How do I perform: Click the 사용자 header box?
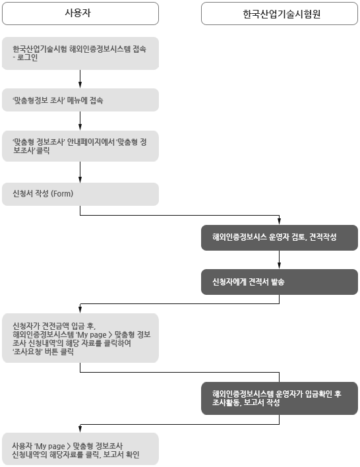pyautogui.click(x=80, y=13)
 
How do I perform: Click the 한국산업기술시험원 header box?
pyautogui.click(x=280, y=13)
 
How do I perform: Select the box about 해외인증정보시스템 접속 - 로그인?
pyautogui.click(x=80, y=53)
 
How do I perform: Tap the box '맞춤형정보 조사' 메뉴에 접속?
pyautogui.click(x=80, y=101)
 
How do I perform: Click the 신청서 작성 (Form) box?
pyautogui.click(x=80, y=195)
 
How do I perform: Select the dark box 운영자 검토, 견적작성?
pyautogui.click(x=280, y=237)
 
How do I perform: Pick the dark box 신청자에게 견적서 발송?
pyautogui.click(x=280, y=282)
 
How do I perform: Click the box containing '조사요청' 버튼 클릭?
pyautogui.click(x=80, y=338)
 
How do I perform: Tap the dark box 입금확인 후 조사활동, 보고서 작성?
pyautogui.click(x=280, y=398)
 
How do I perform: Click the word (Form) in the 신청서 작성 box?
pyautogui.click(x=63, y=195)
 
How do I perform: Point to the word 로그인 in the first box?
pyautogui.click(x=28, y=58)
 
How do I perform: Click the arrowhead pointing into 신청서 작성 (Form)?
pyautogui.click(x=80, y=179)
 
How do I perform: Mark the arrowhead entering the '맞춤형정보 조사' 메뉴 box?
pyautogui.click(x=80, y=86)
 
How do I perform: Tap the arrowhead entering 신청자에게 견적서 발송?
pyautogui.click(x=280, y=265)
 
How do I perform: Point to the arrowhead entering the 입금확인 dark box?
pyautogui.click(x=280, y=379)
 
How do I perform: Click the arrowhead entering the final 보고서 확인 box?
pyautogui.click(x=80, y=429)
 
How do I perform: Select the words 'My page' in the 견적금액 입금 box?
pyautogui.click(x=92, y=334)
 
